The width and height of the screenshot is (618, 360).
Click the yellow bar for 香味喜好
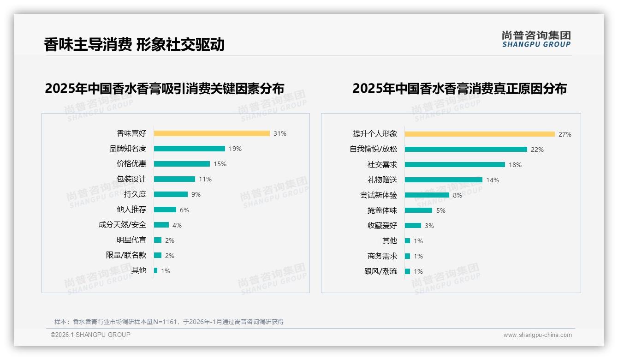tap(212, 133)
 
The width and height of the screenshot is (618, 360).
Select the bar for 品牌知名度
tap(189, 149)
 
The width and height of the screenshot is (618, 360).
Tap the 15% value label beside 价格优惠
tap(220, 164)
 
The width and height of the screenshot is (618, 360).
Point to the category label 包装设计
tap(131, 179)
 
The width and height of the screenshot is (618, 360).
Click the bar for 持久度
tap(171, 194)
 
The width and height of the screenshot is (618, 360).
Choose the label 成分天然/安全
tap(122, 225)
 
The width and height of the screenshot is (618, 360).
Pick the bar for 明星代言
tap(158, 240)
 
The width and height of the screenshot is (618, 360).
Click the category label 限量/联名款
tap(126, 255)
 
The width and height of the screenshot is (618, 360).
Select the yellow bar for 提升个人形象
tap(480, 134)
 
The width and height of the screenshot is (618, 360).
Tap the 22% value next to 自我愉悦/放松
tap(537, 150)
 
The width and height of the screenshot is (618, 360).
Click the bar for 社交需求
tap(455, 165)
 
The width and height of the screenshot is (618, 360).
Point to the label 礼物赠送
tap(382, 180)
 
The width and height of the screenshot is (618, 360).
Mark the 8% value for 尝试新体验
tap(457, 195)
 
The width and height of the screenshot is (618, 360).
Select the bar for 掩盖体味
tap(418, 210)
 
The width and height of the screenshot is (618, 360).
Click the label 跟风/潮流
tap(380, 271)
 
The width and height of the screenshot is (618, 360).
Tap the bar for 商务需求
tap(407, 256)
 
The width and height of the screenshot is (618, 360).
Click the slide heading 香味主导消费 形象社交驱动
tap(134, 44)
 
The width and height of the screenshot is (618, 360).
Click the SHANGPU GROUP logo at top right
tap(536, 39)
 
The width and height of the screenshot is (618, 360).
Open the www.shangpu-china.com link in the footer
tap(537, 335)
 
